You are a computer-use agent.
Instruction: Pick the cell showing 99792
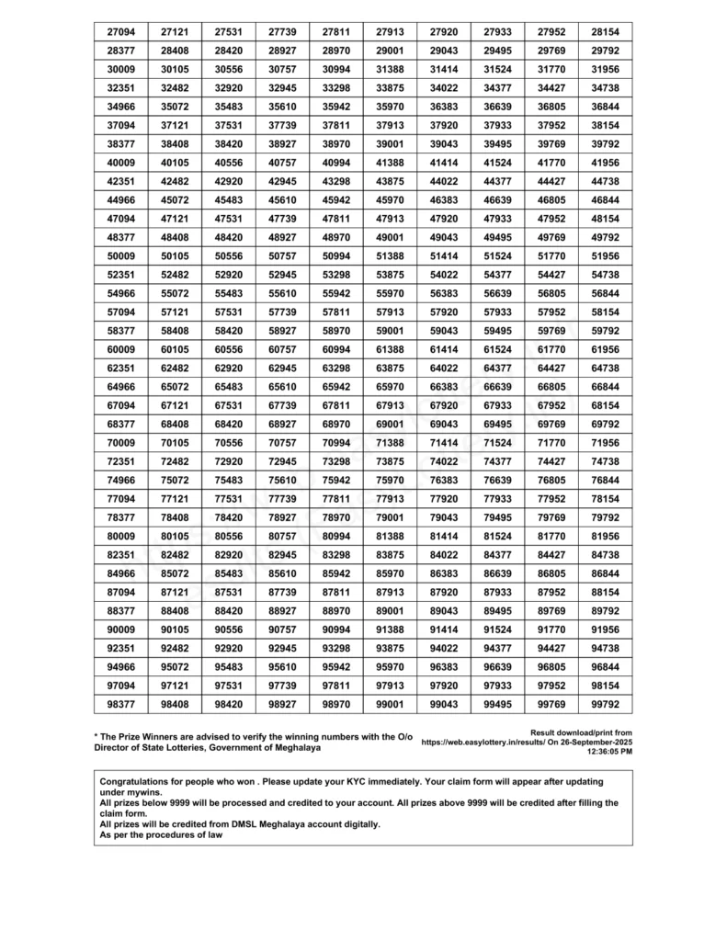pyautogui.click(x=606, y=704)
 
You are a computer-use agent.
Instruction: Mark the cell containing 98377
pyautogui.click(x=120, y=704)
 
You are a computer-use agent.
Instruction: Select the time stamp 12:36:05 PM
pyautogui.click(x=609, y=751)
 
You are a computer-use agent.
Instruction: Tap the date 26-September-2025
pyautogui.click(x=598, y=741)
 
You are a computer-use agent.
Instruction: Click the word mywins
pyautogui.click(x=142, y=792)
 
